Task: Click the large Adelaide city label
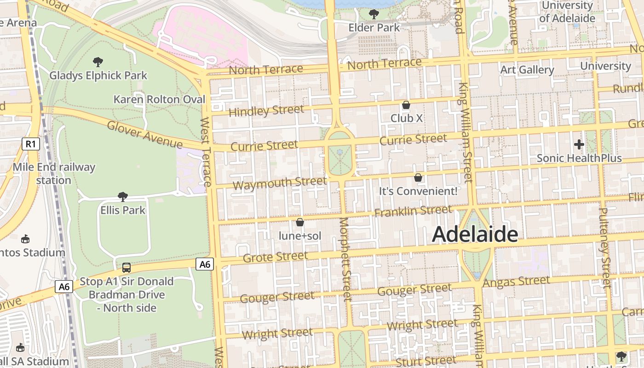tap(475, 234)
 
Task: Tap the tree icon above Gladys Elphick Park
tap(98, 62)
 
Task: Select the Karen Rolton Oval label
tap(159, 99)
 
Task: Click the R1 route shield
tap(31, 144)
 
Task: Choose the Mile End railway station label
tap(54, 173)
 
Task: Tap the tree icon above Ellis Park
tap(122, 197)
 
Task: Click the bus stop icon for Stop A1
tap(126, 267)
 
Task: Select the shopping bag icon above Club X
tap(406, 105)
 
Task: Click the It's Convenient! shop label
tap(418, 191)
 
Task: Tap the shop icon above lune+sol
tap(300, 222)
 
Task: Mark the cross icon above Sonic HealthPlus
tap(579, 144)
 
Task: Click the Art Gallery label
tap(527, 70)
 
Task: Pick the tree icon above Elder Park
tap(374, 14)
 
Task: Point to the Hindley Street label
tap(266, 111)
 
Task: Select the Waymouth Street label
tap(279, 183)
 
